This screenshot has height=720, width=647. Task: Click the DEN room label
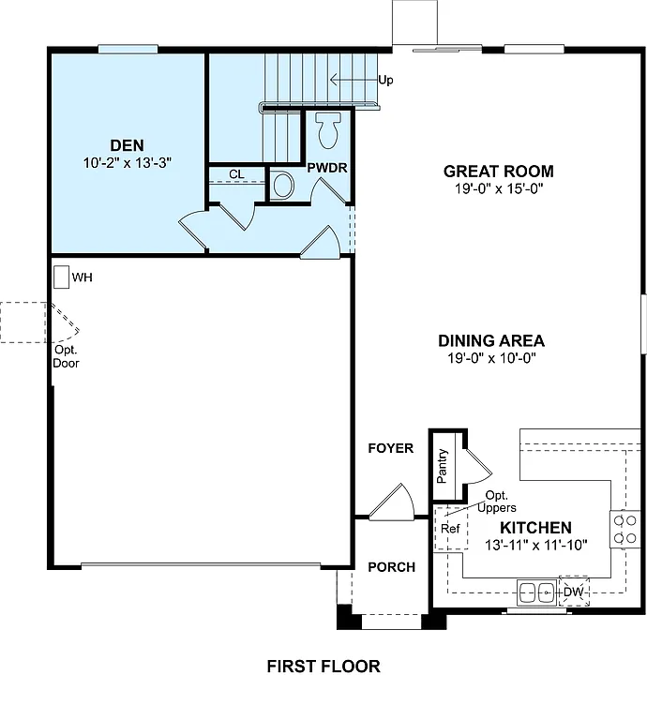pyautogui.click(x=127, y=145)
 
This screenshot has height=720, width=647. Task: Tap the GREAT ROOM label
pyautogui.click(x=498, y=172)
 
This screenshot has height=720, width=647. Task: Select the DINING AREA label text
pyautogui.click(x=490, y=341)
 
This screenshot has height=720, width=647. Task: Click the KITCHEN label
pyautogui.click(x=534, y=528)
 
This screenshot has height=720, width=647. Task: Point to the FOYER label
pyautogui.click(x=390, y=449)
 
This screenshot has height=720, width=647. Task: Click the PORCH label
pyautogui.click(x=391, y=567)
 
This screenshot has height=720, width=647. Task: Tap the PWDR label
pyautogui.click(x=327, y=167)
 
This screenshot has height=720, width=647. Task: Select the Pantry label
pyautogui.click(x=443, y=466)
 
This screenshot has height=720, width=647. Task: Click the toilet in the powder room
pyautogui.click(x=327, y=130)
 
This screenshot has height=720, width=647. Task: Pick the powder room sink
pyautogui.click(x=283, y=184)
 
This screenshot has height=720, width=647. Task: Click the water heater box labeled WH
pyautogui.click(x=61, y=277)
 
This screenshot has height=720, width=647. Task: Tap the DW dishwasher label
pyautogui.click(x=573, y=592)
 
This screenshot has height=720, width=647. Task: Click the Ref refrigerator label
pyautogui.click(x=450, y=528)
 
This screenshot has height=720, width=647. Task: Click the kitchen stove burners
pyautogui.click(x=624, y=529)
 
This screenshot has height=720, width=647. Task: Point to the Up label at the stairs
pyautogui.click(x=385, y=81)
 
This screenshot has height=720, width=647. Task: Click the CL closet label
pyautogui.click(x=236, y=174)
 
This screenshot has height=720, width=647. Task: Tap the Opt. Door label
pyautogui.click(x=66, y=356)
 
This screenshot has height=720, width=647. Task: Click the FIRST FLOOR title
pyautogui.click(x=323, y=667)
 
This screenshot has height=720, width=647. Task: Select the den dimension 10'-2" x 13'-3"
pyautogui.click(x=127, y=163)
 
